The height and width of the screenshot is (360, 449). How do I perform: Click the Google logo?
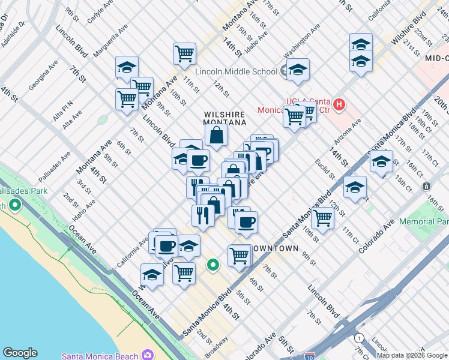[20, 353]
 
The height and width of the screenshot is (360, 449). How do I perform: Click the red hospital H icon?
[340, 105]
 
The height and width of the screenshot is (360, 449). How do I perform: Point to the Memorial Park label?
[424, 221]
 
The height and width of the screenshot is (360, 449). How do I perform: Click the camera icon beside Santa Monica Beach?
[148, 356]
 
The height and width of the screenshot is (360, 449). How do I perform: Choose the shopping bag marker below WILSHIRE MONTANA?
[217, 136]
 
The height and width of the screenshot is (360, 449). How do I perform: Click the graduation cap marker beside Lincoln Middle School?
[297, 71]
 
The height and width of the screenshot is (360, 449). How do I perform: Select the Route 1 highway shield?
[359, 338]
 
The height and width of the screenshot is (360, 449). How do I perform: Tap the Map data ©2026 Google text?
[412, 355]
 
